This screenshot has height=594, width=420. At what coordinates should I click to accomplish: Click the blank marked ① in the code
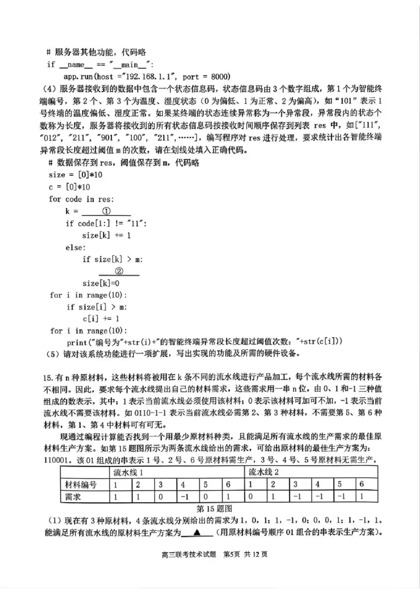[x=106, y=211]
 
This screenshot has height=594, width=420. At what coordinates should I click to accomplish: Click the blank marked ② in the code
[x=119, y=271]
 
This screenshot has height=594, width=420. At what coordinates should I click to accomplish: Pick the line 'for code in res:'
[x=81, y=199]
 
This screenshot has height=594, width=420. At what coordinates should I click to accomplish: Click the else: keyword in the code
[x=75, y=247]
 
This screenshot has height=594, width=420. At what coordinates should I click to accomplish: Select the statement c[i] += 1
[x=101, y=319]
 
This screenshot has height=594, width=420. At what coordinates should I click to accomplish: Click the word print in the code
[x=78, y=342]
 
